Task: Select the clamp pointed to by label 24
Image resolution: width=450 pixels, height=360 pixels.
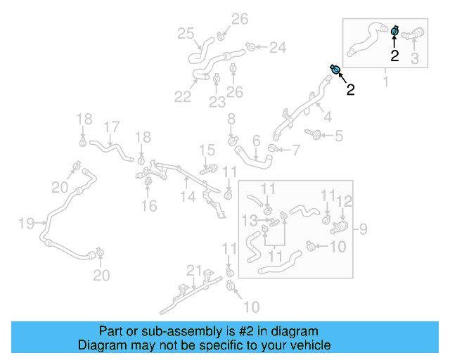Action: pos(250,47)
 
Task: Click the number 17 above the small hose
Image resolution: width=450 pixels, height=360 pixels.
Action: pos(111,128)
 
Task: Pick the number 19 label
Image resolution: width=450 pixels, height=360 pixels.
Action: pos(26,224)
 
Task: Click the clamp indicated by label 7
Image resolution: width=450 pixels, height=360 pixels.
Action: pos(273,148)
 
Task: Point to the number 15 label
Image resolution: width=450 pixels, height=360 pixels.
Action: pos(207,150)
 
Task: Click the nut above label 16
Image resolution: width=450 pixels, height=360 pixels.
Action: pos(148,184)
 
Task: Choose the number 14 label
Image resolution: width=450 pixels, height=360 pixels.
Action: pos(186,198)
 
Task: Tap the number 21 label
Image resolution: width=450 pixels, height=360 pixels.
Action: pos(194,271)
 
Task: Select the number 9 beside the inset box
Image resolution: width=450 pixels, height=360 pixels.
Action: pos(364,228)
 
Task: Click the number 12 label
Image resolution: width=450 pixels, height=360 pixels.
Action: pos(344,202)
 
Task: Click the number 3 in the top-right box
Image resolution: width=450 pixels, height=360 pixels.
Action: pos(415,59)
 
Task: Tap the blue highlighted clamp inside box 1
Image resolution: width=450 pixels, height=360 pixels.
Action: pos(395,30)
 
